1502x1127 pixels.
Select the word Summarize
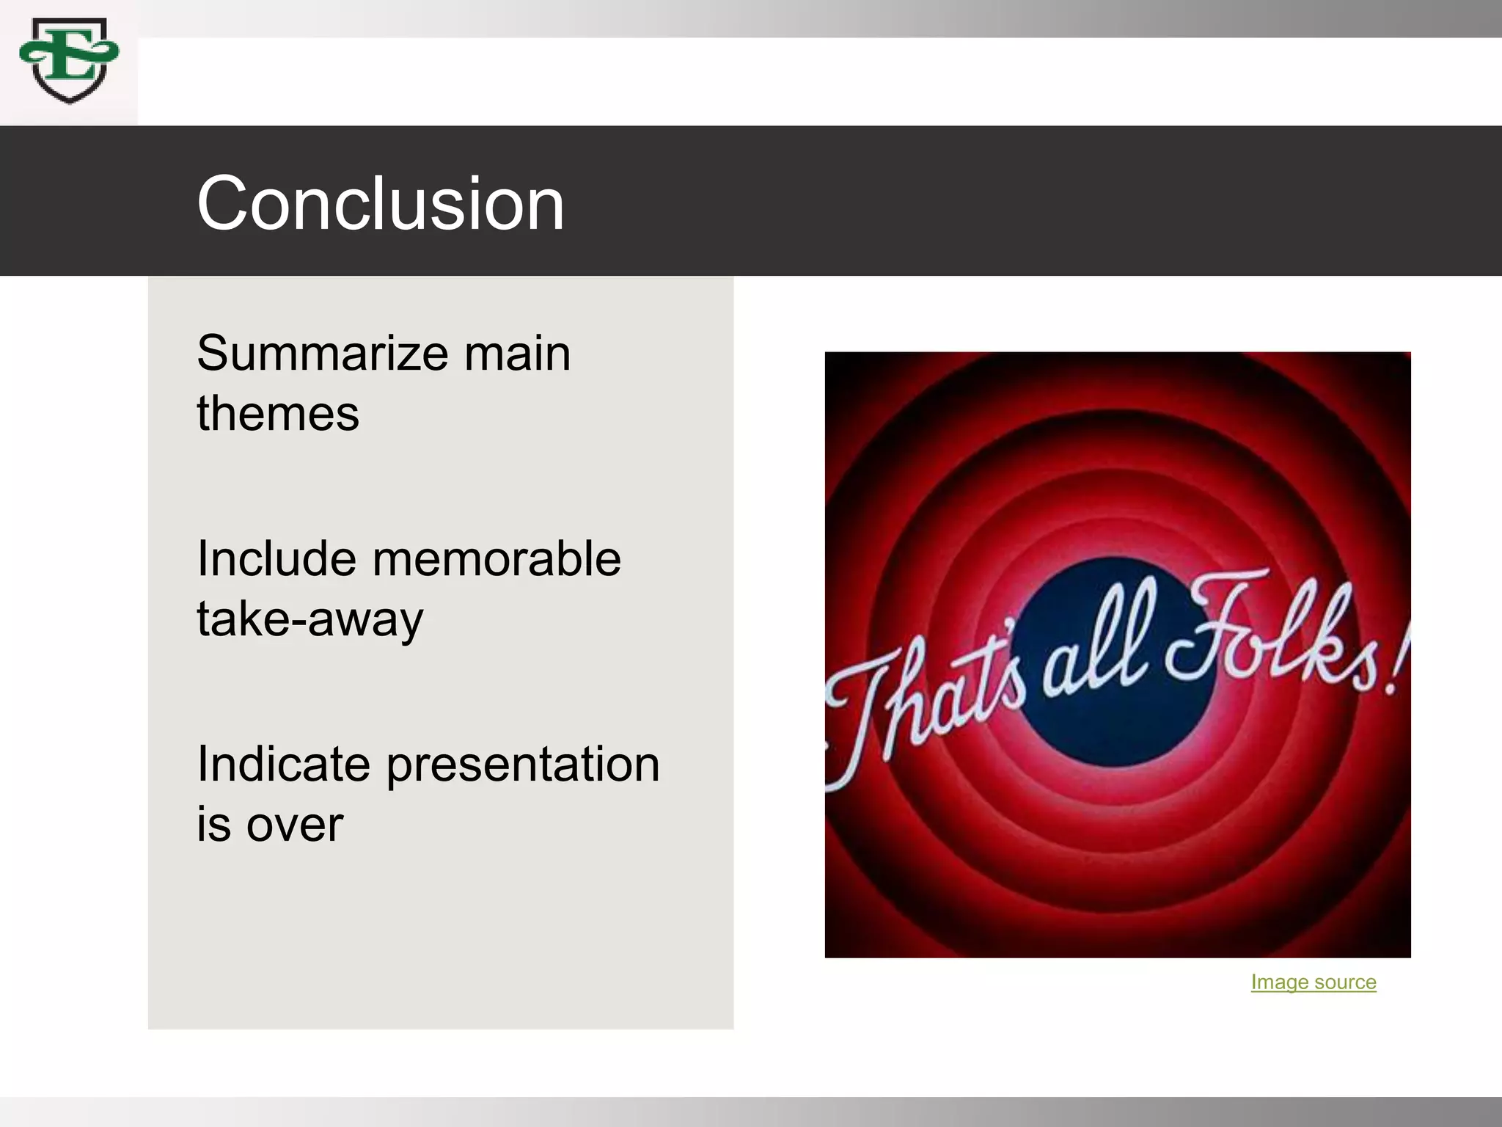321,354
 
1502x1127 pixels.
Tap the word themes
278,413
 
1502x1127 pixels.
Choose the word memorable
497,559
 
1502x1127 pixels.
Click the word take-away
309,619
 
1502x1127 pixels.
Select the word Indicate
283,765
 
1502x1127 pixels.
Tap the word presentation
523,765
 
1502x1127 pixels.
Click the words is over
269,824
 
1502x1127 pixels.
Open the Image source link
1313,982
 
